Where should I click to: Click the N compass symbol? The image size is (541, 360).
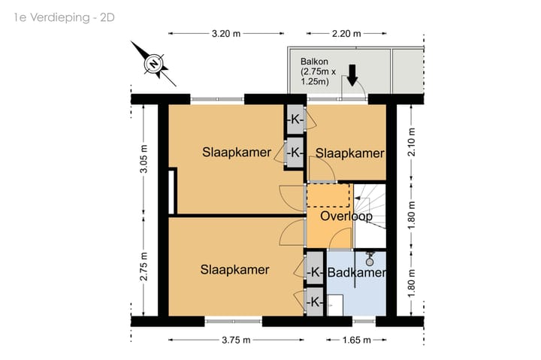154,64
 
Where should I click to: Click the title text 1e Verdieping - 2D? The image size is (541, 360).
64,17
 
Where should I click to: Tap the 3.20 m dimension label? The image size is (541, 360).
226,34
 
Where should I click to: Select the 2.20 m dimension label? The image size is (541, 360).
346,34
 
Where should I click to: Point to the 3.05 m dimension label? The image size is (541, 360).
144,159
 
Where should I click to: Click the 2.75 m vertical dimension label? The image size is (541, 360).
144,267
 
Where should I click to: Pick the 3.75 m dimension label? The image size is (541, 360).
236,340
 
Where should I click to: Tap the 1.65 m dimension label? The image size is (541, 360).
356,340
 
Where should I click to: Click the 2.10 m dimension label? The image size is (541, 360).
412,142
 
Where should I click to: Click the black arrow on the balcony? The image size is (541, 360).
352,75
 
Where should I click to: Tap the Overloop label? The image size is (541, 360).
346,216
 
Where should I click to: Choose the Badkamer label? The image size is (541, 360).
356,272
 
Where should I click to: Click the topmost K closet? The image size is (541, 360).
295,119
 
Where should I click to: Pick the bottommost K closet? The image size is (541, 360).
315,302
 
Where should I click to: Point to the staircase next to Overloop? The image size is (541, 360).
370,216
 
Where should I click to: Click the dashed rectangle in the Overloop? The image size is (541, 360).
328,195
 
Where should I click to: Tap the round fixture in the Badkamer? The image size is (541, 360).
370,262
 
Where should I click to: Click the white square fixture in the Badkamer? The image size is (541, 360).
335,305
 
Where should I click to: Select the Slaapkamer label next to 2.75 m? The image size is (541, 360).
234,270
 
